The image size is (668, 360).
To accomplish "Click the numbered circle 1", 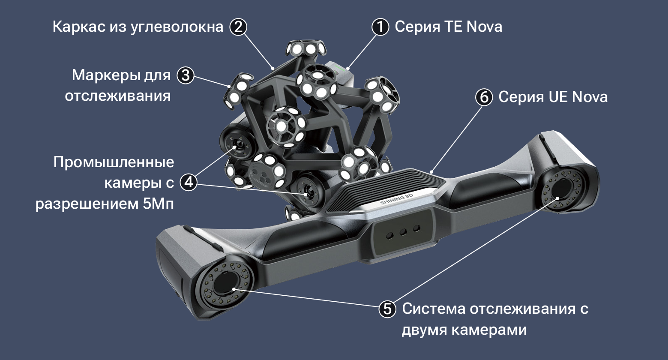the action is pyautogui.click(x=380, y=27).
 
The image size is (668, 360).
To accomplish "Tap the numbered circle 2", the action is pyautogui.click(x=238, y=27).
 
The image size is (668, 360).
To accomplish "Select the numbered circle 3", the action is pyautogui.click(x=186, y=75).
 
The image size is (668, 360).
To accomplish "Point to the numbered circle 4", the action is pyautogui.click(x=189, y=182).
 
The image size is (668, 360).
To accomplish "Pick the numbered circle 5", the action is pyautogui.click(x=387, y=309).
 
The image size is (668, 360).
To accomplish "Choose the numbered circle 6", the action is pyautogui.click(x=484, y=97).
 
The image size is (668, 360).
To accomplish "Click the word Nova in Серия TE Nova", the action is pyautogui.click(x=484, y=27).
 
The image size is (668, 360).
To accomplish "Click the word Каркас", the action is pyautogui.click(x=79, y=27).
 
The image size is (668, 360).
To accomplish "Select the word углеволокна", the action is pyautogui.click(x=177, y=27).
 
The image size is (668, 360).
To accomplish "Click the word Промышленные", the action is pyautogui.click(x=114, y=162).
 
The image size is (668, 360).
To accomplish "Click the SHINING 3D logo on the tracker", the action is pyautogui.click(x=397, y=199).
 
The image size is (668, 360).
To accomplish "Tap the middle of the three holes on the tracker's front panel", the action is pyautogui.click(x=403, y=232).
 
